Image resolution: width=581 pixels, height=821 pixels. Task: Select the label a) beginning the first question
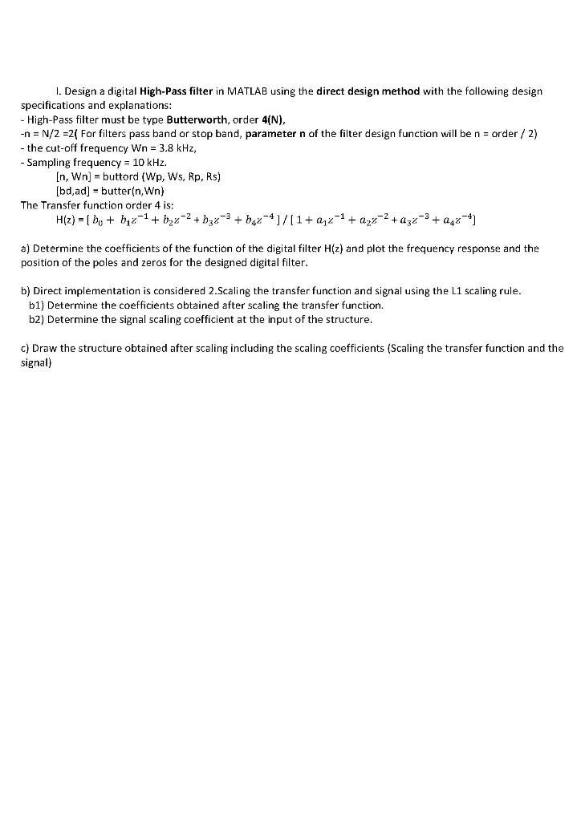pos(25,249)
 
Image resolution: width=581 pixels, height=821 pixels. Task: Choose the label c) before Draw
pos(25,348)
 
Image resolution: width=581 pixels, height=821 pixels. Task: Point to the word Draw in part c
pos(45,348)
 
